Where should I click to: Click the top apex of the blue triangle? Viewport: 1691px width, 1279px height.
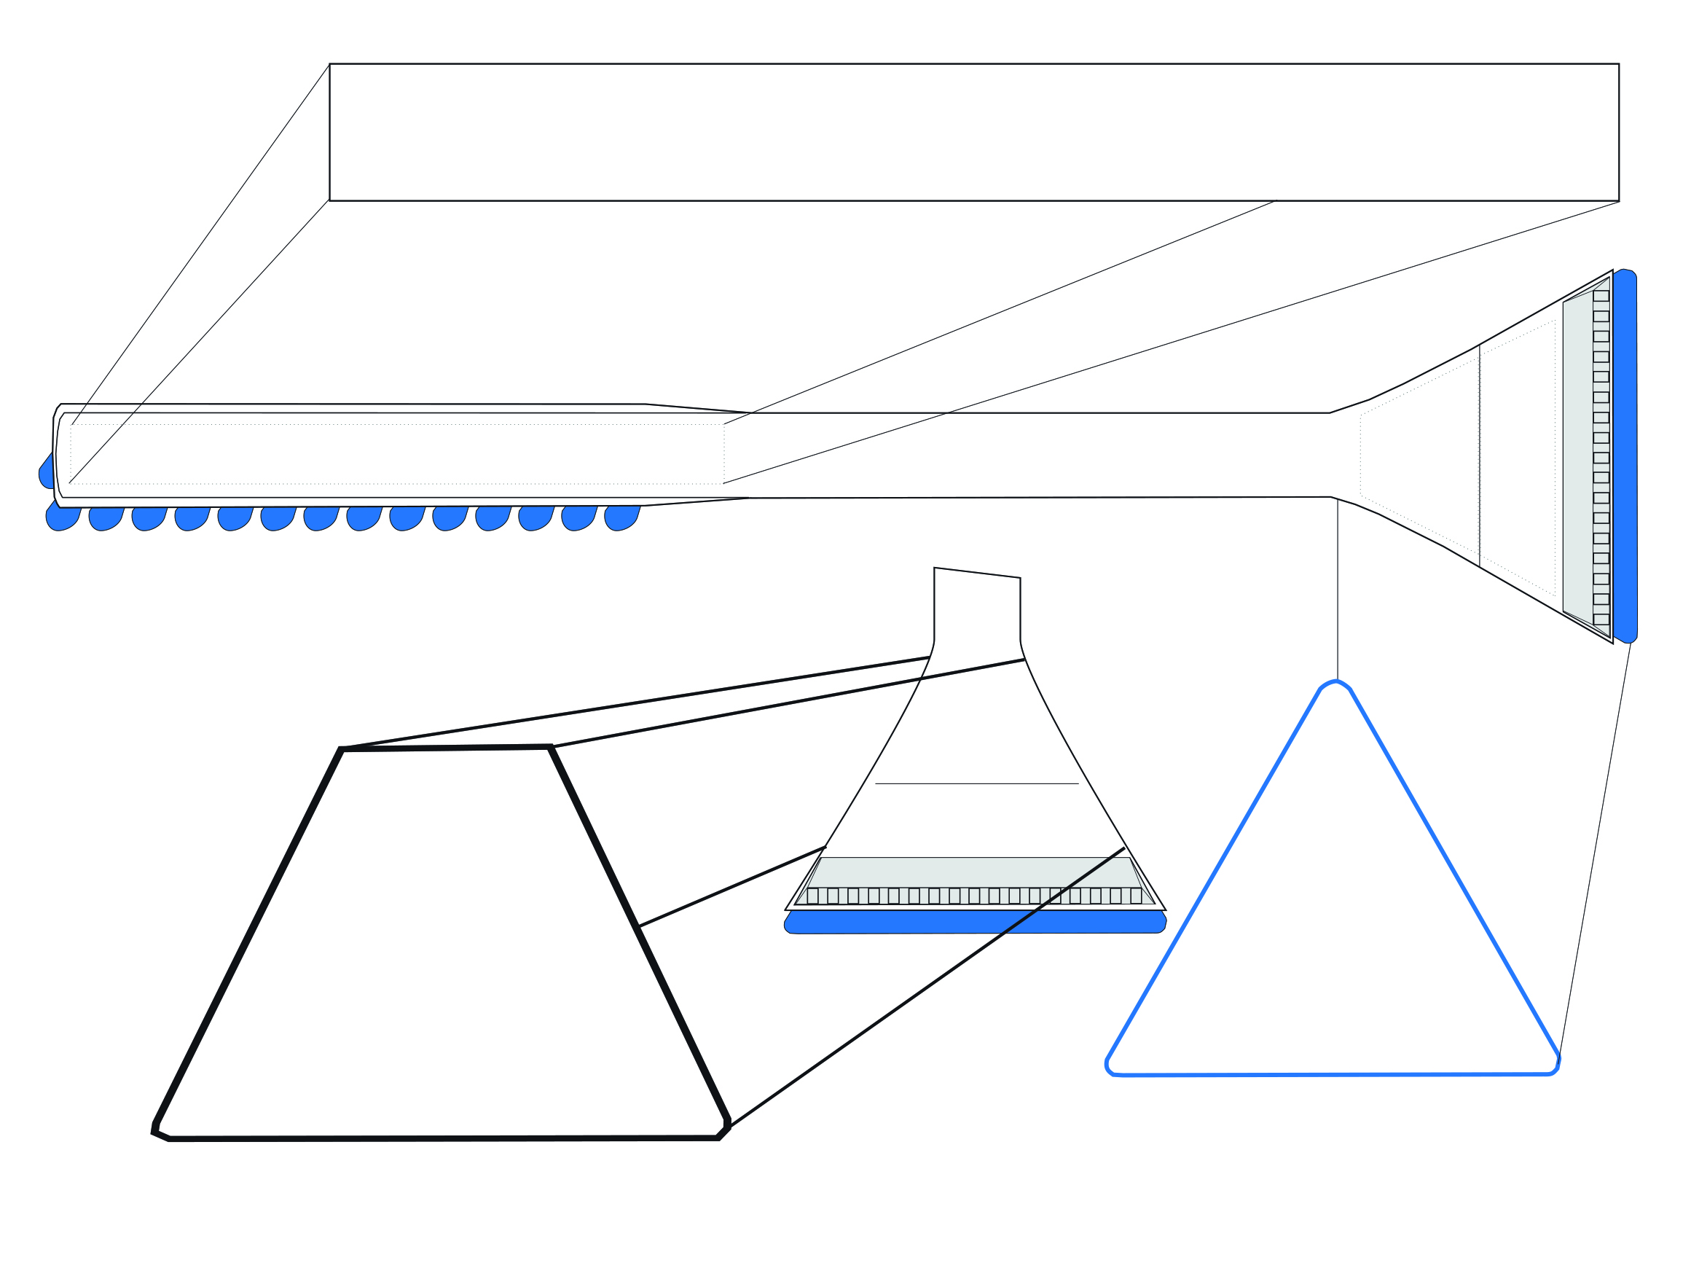pyautogui.click(x=1336, y=682)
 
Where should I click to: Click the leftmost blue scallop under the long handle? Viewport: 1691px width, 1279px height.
pyautogui.click(x=63, y=518)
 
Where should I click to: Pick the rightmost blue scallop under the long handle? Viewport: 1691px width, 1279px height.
pyautogui.click(x=621, y=517)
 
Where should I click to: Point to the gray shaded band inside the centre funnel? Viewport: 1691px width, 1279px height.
pyautogui.click(x=975, y=872)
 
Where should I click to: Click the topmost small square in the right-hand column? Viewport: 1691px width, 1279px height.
pyautogui.click(x=1601, y=296)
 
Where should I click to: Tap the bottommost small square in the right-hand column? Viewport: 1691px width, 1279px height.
pyautogui.click(x=1601, y=620)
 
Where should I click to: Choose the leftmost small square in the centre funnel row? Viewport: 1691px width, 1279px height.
pyautogui.click(x=812, y=896)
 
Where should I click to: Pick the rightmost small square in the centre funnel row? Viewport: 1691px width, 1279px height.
pyautogui.click(x=1136, y=896)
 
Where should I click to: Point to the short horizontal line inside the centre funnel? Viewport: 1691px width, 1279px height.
pyautogui.click(x=976, y=783)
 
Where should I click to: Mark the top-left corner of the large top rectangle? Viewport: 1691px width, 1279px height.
pyautogui.click(x=329, y=64)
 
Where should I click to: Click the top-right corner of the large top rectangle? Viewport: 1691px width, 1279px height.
pyautogui.click(x=1618, y=64)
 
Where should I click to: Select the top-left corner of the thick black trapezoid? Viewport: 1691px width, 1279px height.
pyautogui.click(x=342, y=749)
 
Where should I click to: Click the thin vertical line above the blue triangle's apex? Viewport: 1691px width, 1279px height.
pyautogui.click(x=1337, y=589)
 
